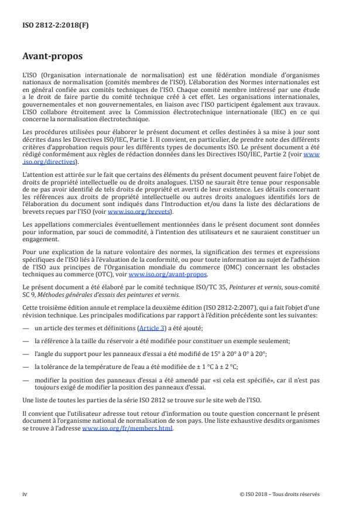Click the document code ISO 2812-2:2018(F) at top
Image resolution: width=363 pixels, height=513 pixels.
[x=48, y=26]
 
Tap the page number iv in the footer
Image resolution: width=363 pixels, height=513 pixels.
[x=25, y=494]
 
